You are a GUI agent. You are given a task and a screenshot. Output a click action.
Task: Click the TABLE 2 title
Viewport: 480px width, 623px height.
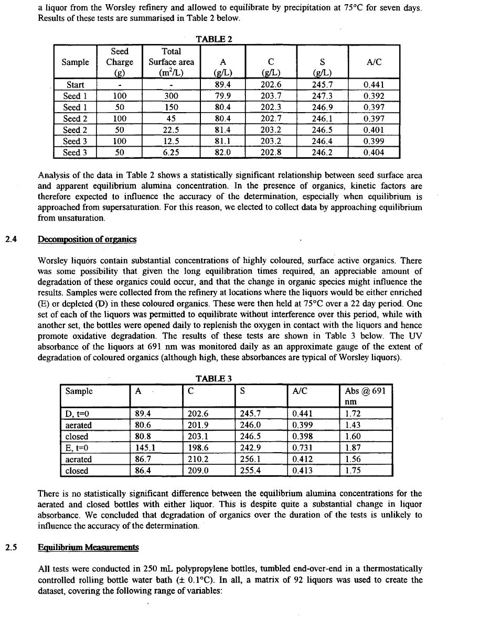214,39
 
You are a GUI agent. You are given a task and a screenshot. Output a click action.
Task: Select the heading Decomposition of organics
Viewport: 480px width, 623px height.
87,239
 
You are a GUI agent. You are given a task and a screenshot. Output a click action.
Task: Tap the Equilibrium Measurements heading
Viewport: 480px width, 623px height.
89,548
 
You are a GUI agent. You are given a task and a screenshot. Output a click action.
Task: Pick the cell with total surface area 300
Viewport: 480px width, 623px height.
171,96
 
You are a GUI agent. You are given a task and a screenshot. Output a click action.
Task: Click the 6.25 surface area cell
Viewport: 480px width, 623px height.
171,152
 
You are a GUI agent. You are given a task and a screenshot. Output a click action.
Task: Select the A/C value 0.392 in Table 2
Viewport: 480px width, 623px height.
374,96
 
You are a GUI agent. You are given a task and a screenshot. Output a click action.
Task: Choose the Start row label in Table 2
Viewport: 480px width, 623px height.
75,84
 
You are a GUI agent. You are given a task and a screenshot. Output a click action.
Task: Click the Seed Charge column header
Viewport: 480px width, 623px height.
120,62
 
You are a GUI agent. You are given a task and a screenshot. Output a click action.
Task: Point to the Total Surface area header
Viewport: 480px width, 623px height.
171,62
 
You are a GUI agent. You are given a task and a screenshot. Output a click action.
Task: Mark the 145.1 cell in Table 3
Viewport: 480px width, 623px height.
146,448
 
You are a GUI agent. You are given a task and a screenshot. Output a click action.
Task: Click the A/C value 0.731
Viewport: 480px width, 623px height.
304,448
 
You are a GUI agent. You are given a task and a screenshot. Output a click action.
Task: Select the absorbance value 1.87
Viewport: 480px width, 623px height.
353,448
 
